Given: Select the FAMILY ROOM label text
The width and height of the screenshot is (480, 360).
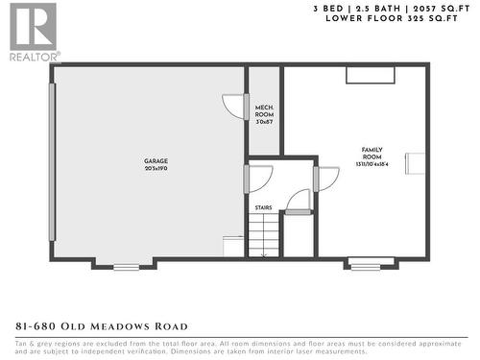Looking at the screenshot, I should click(372, 153).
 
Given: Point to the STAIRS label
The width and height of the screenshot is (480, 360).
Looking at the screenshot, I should click(263, 206).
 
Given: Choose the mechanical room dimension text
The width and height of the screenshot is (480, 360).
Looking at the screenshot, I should click(264, 123).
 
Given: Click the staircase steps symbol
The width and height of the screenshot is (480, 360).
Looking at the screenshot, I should click(263, 235).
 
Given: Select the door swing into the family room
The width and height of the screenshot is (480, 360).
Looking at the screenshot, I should click(327, 178).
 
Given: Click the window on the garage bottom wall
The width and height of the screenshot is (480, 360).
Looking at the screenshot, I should click(126, 266).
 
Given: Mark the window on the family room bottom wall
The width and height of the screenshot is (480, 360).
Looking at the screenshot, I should click(365, 264).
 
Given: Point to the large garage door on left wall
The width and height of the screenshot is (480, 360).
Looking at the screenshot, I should click(53, 161).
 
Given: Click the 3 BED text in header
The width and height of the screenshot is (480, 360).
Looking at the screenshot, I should click(329, 8).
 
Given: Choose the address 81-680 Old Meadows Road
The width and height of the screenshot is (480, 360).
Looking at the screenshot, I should click(102, 326).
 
